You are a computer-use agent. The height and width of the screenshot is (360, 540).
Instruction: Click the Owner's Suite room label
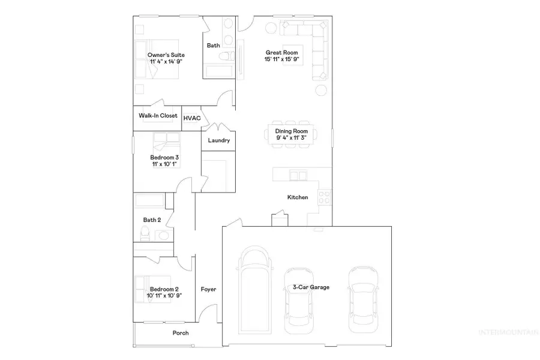(x=166, y=55)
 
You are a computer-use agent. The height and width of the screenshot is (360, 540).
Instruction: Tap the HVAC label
(x=192, y=118)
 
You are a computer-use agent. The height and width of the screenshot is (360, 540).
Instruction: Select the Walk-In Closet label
(x=158, y=116)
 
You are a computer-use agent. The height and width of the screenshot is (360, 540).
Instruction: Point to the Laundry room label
(x=218, y=140)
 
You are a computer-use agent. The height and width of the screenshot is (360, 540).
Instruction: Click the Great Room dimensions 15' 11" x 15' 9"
(x=282, y=59)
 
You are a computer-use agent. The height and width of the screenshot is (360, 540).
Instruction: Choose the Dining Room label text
(x=292, y=131)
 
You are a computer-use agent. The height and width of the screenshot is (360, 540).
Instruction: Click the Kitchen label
(x=298, y=197)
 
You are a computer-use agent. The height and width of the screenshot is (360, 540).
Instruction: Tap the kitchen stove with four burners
(x=325, y=197)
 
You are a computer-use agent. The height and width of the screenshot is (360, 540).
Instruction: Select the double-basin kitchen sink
(x=298, y=176)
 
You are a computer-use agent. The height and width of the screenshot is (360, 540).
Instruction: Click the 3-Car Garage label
(x=311, y=287)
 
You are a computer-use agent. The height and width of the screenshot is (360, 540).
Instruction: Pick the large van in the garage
(x=255, y=290)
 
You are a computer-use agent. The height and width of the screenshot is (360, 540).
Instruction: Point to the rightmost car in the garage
(x=364, y=299)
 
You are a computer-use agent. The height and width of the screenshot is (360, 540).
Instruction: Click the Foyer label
(x=208, y=289)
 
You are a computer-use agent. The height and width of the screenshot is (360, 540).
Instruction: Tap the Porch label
(x=181, y=333)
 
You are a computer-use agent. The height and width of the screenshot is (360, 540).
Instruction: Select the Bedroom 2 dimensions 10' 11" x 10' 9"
(x=164, y=296)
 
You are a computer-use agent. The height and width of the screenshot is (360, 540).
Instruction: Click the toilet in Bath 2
(x=145, y=233)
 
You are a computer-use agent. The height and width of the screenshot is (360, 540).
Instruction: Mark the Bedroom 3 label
(x=164, y=158)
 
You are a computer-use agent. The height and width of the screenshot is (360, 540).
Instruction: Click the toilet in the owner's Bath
(x=227, y=56)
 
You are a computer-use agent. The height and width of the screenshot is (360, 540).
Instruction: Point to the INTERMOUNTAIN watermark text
(x=509, y=332)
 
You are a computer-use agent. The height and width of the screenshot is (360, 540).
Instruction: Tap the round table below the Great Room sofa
(x=321, y=90)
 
